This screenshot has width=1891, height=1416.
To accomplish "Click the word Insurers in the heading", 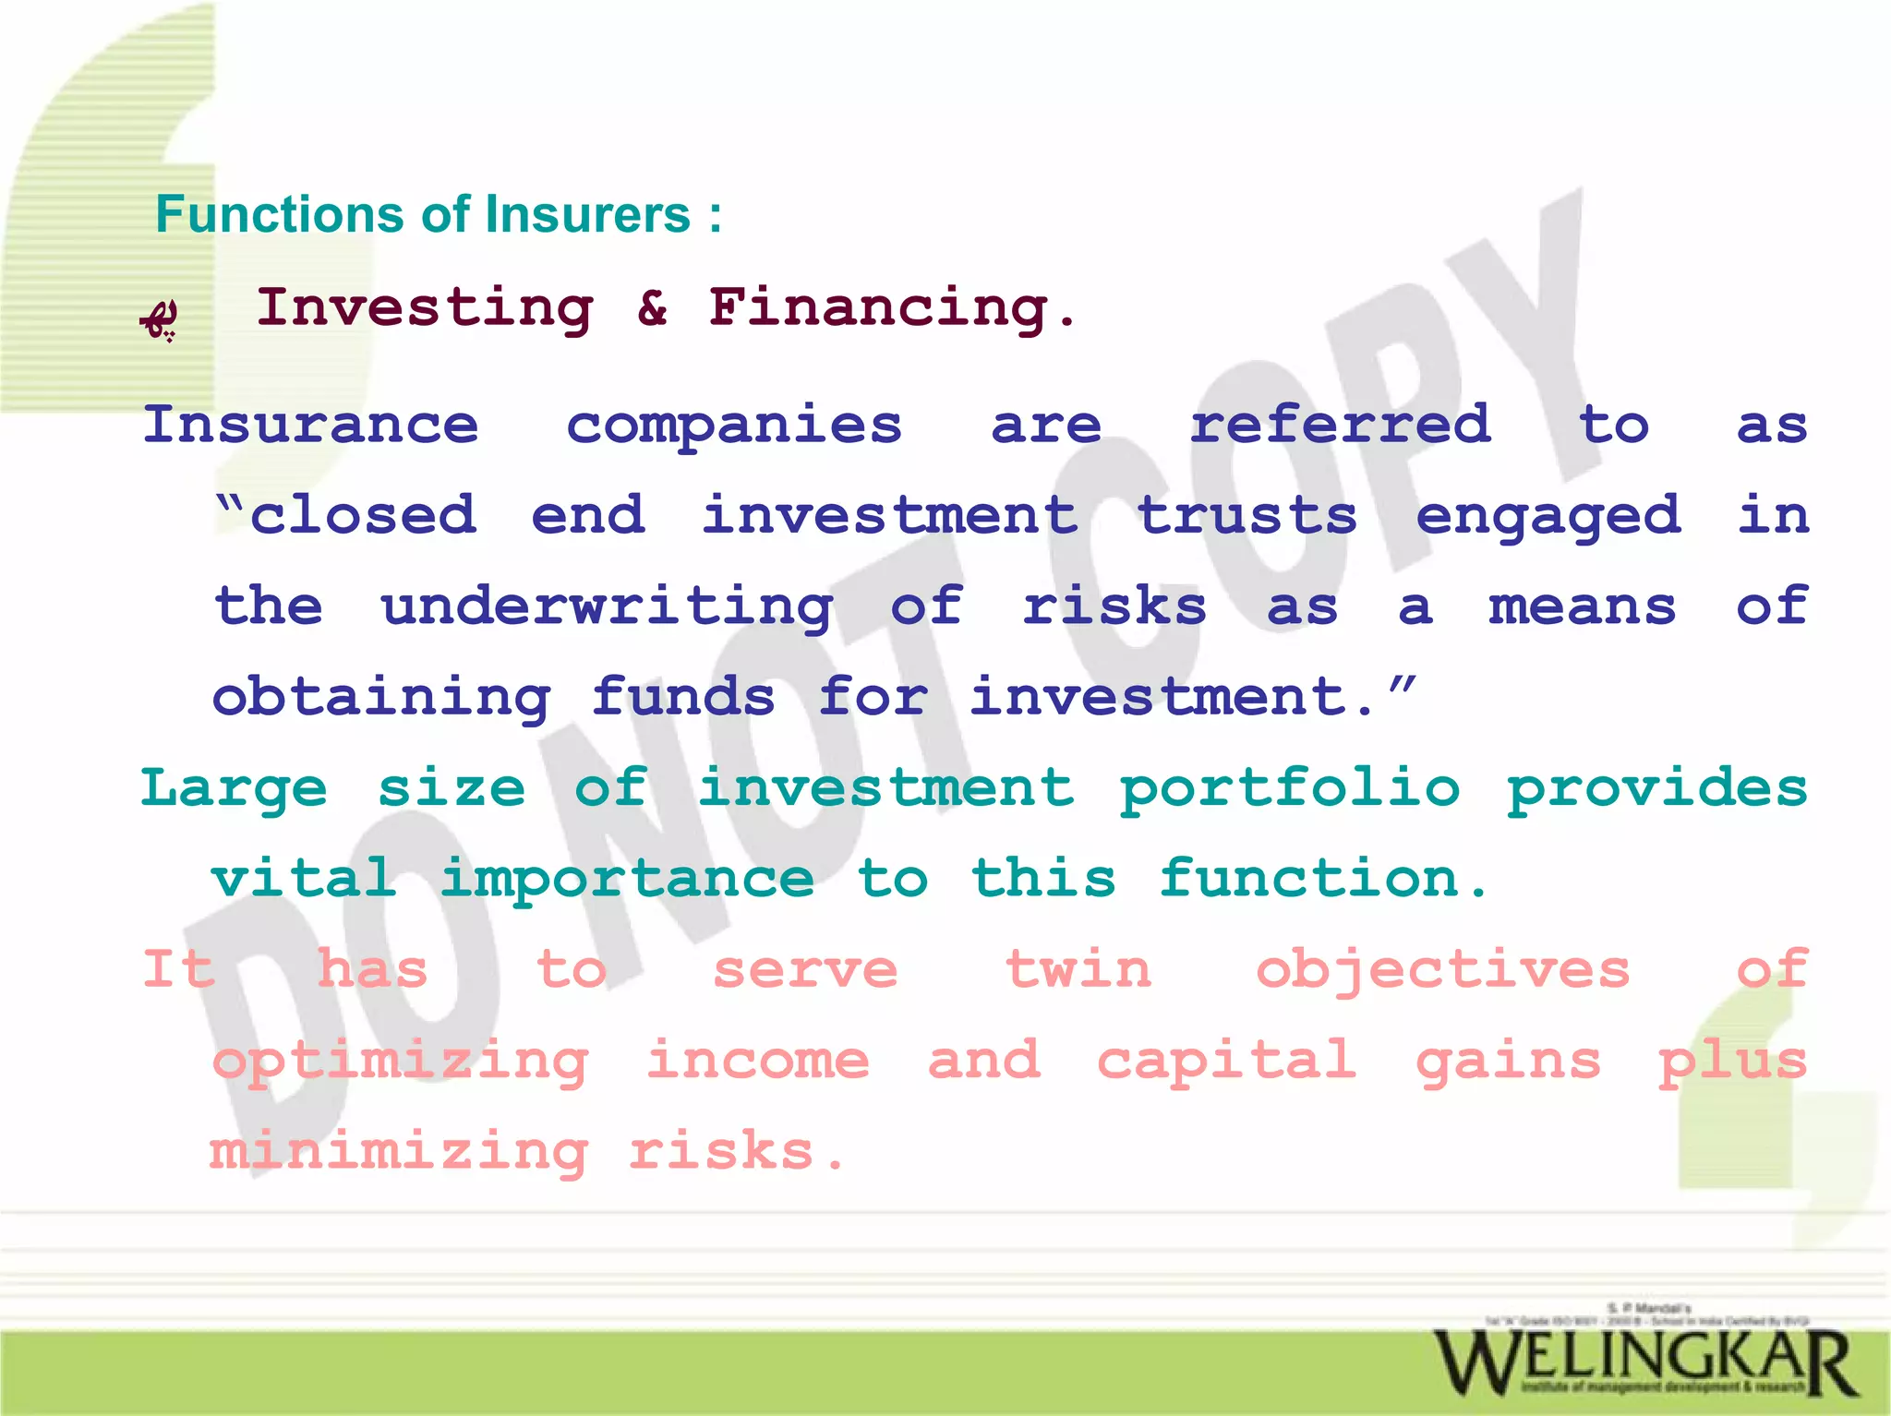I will click(587, 215).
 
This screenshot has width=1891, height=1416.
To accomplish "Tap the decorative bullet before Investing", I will click(159, 319).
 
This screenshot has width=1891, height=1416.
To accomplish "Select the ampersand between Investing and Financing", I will click(652, 307).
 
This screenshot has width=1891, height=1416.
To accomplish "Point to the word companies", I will click(734, 426).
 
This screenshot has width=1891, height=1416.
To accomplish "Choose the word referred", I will click(1340, 425).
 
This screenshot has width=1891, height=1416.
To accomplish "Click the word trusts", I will click(1247, 515).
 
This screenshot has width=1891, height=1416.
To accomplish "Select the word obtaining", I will click(381, 698).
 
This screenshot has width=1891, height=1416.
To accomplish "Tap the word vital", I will click(304, 878).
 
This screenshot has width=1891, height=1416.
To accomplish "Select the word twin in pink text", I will click(1078, 969).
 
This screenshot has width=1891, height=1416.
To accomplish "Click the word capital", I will click(1226, 1060).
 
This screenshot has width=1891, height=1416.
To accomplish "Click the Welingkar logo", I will click(1644, 1362).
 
